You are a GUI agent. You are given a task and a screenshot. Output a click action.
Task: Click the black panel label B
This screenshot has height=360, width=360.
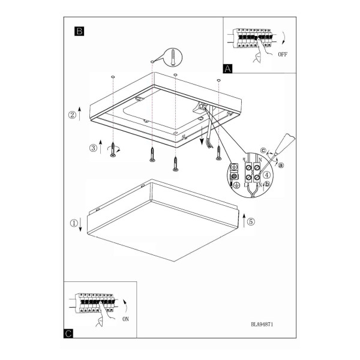pyautogui.click(x=79, y=31)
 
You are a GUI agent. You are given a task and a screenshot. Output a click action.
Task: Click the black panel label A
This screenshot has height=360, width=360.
pyautogui.click(x=227, y=68)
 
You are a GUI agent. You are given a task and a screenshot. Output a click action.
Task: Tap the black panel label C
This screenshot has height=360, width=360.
pyautogui.click(x=68, y=334)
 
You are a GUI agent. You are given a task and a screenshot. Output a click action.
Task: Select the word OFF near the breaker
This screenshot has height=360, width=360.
pyautogui.click(x=283, y=55)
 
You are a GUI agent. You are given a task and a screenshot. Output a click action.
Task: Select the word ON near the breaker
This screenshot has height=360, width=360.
pyautogui.click(x=125, y=319)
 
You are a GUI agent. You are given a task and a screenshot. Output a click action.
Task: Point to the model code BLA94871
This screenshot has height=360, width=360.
pyautogui.click(x=262, y=324)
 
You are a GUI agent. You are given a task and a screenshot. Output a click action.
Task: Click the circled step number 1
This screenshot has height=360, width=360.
pyautogui.click(x=74, y=223)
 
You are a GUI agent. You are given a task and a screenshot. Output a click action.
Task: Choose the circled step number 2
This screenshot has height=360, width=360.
pyautogui.click(x=73, y=115)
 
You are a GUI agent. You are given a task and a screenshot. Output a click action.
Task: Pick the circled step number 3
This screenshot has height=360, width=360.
pyautogui.click(x=93, y=148)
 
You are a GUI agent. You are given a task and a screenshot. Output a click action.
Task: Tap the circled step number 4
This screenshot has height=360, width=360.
pyautogui.click(x=266, y=175)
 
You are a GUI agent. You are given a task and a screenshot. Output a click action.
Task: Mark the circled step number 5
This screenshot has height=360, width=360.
pyautogui.click(x=251, y=221)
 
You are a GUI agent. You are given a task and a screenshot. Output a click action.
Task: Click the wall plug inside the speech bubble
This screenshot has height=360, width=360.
pyautogui.click(x=173, y=58)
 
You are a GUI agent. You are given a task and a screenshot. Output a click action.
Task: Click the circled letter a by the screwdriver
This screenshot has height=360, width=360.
pyautogui.click(x=281, y=165)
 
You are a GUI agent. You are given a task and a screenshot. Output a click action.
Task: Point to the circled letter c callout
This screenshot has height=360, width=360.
pyautogui.click(x=263, y=151)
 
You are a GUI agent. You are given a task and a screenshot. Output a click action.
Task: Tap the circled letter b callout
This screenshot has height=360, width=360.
pyautogui.click(x=267, y=184)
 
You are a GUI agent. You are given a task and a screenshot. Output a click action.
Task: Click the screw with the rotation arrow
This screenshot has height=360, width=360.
pyautogui.click(x=113, y=149)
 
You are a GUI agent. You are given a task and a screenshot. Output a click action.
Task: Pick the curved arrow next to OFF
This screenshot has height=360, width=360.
pyautogui.click(x=284, y=38)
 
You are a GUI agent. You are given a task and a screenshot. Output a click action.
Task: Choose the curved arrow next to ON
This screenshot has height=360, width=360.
pyautogui.click(x=125, y=305)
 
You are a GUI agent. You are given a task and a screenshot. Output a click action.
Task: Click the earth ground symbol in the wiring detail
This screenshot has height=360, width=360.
pyautogui.click(x=236, y=185)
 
